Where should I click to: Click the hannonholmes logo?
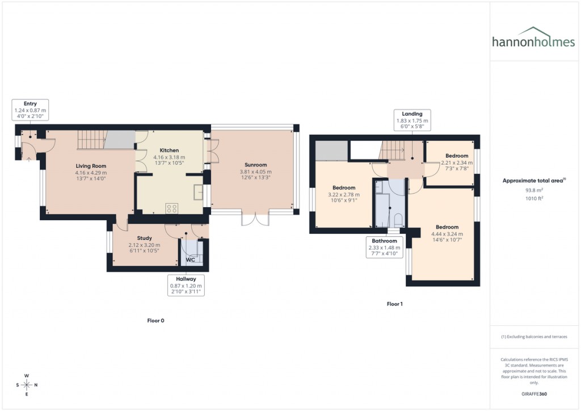tap(533, 37)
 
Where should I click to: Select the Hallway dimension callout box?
tap(186, 286)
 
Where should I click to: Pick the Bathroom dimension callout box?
tap(384, 247)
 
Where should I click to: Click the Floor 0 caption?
tap(155, 321)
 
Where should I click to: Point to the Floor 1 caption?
tap(394, 304)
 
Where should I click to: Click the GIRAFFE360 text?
tap(534, 393)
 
